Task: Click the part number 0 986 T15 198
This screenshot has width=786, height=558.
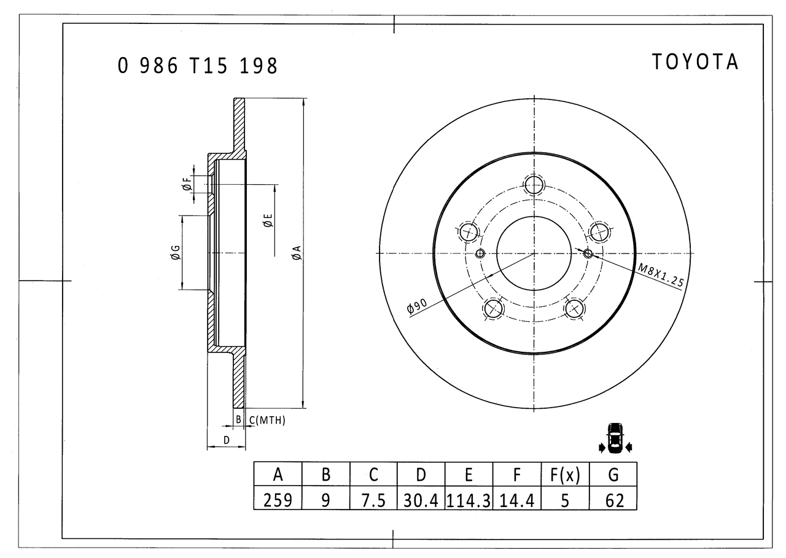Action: click(198, 66)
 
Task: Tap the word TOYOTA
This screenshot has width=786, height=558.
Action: click(695, 62)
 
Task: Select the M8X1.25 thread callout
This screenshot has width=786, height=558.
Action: click(661, 275)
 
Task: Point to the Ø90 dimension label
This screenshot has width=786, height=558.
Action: click(417, 305)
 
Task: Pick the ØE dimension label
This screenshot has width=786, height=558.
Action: click(268, 220)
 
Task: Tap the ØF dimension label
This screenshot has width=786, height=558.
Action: click(188, 184)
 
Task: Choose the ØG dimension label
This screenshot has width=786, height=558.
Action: click(175, 252)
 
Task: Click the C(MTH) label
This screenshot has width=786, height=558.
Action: click(267, 420)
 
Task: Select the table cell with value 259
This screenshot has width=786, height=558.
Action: click(278, 500)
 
